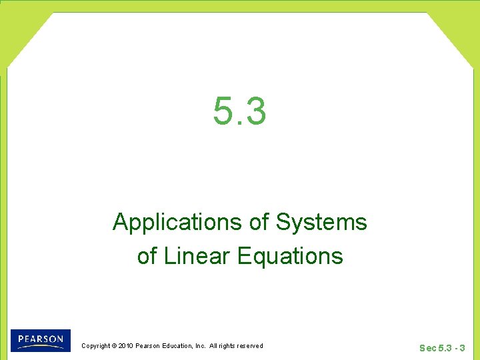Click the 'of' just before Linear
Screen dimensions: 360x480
click(146, 256)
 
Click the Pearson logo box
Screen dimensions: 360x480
click(40, 340)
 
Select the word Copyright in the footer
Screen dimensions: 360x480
click(95, 345)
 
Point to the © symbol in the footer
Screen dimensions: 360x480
click(114, 345)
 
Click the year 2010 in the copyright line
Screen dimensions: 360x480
click(126, 345)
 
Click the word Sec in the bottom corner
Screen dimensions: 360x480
click(428, 348)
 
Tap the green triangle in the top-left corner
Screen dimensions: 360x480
click(20, 27)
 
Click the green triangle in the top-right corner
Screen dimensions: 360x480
click(460, 27)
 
